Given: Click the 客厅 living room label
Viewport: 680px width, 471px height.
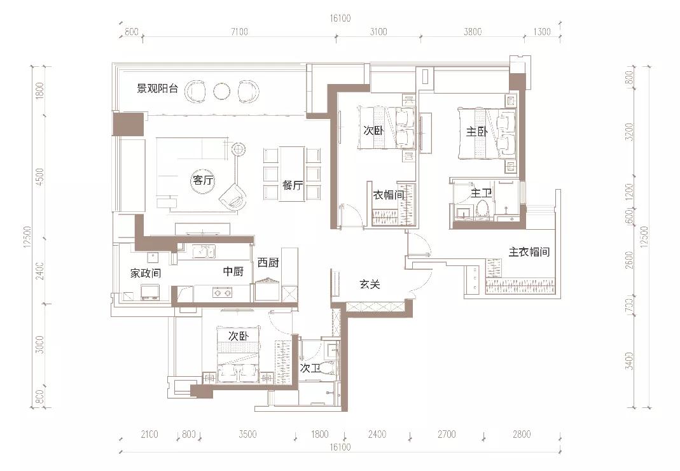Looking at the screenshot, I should point(203,181).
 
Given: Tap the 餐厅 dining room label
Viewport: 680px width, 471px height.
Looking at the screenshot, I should point(292,185).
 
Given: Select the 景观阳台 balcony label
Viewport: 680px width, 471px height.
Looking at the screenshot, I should point(158,88).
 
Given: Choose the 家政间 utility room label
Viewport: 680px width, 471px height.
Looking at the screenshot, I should point(146,273).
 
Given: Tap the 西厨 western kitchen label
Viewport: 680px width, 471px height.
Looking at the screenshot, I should point(268,262).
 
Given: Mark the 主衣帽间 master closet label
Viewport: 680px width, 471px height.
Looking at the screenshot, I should point(529,252).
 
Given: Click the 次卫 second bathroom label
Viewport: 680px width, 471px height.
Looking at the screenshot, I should point(310,368).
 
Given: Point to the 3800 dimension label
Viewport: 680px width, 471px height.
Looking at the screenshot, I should point(472,32).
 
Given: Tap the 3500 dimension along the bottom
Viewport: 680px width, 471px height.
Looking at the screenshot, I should point(247,435).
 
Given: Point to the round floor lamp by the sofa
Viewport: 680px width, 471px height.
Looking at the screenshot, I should point(239,150).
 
